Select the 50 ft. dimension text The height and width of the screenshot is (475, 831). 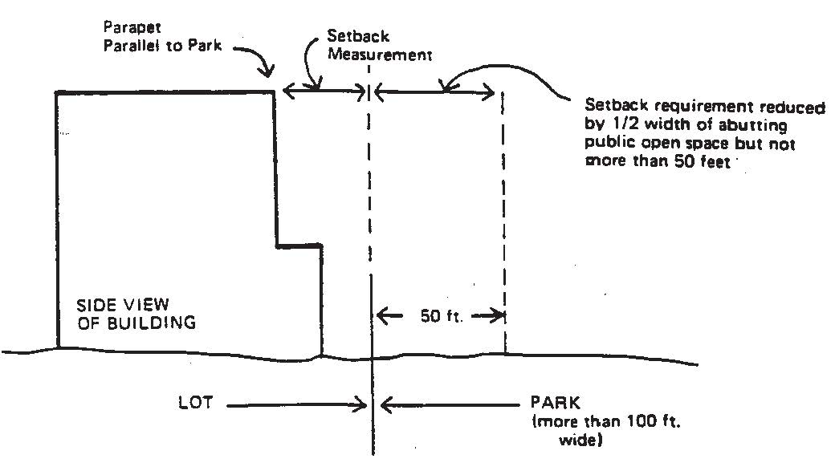point(441,315)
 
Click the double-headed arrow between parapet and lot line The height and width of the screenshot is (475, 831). point(321,92)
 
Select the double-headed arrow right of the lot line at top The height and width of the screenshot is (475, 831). point(436,92)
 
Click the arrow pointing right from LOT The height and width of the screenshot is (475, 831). point(297,405)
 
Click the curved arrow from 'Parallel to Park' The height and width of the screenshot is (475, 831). point(257,57)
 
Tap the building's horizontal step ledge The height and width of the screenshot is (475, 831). point(299,246)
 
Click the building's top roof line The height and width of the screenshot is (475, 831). point(165,93)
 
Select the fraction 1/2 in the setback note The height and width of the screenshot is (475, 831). point(615,127)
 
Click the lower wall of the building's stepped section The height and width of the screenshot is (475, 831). point(321,301)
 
